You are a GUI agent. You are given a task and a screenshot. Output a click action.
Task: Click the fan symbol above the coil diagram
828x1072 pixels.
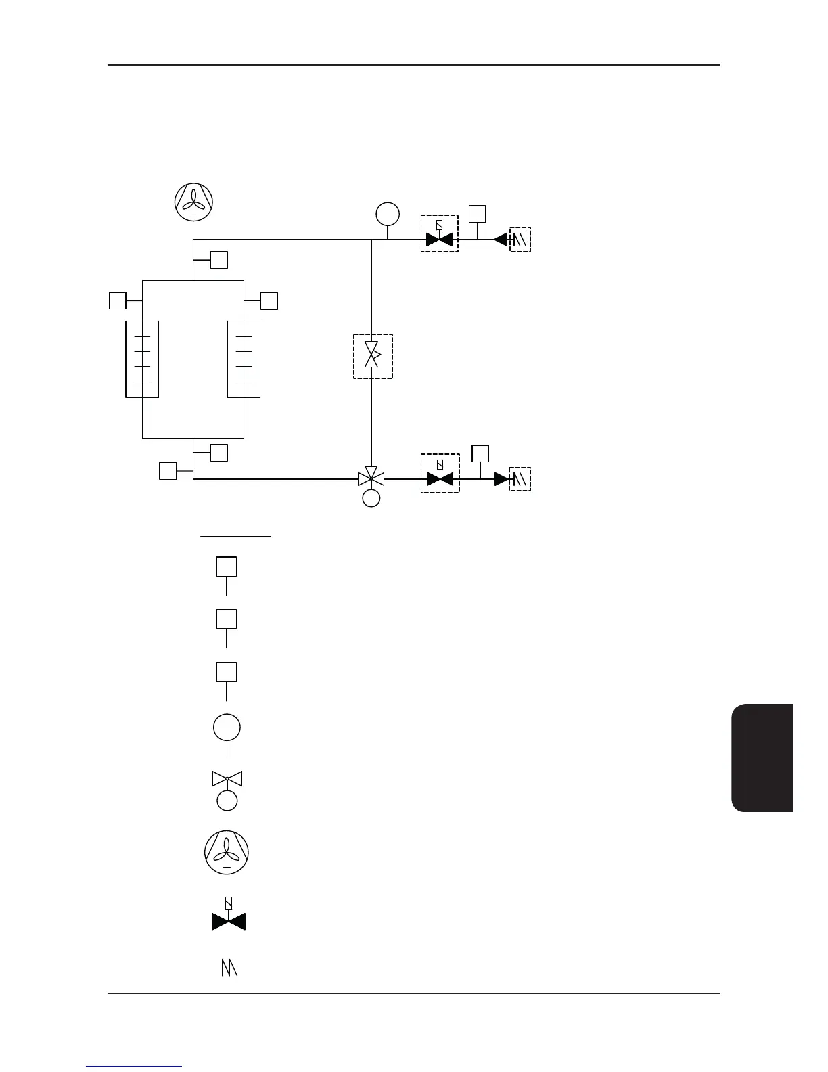click(x=194, y=201)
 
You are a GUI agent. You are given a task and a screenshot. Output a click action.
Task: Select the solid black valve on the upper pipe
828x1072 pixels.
click(x=439, y=240)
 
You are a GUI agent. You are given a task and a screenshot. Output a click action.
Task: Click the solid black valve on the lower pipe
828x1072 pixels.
click(x=440, y=479)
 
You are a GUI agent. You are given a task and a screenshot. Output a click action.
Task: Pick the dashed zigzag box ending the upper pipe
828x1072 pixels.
click(x=520, y=240)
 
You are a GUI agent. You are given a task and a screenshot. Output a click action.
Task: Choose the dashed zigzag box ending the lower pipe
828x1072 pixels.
click(x=520, y=479)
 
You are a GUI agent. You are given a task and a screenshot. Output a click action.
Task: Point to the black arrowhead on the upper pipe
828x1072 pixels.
click(x=501, y=239)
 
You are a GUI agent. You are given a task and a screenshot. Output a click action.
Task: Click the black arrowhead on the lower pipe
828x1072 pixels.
click(x=501, y=479)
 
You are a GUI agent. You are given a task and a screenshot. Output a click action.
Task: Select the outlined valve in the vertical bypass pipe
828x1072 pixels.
click(x=372, y=355)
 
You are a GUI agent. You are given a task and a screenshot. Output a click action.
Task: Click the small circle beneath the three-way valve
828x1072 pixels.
click(x=371, y=498)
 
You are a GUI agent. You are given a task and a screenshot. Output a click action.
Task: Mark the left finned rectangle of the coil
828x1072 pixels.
click(x=142, y=359)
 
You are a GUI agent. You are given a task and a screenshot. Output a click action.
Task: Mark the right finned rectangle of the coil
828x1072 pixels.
click(x=244, y=359)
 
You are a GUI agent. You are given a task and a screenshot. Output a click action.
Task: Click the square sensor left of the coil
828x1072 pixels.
click(x=118, y=300)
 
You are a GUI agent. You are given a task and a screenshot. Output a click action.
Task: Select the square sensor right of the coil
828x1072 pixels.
click(x=269, y=300)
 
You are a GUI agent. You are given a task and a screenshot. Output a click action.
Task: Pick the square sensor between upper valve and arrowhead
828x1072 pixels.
click(x=478, y=214)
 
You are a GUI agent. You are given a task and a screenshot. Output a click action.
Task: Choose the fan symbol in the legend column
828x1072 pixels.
click(x=227, y=852)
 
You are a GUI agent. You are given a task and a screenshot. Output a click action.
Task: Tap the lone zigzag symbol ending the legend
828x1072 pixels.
click(x=230, y=968)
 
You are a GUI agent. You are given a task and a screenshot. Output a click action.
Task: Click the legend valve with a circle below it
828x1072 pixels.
click(x=227, y=789)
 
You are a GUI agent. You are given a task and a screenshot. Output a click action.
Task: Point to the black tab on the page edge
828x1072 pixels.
click(x=762, y=758)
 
